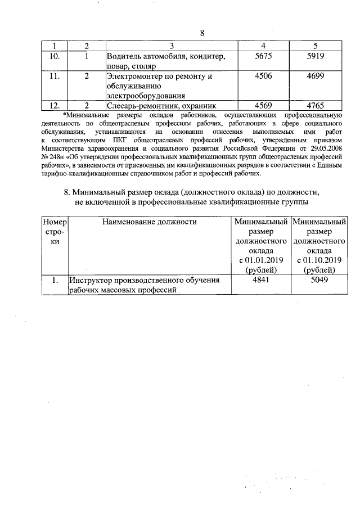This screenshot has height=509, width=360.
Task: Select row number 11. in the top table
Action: pyautogui.click(x=55, y=76)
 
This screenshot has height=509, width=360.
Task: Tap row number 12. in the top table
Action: pyautogui.click(x=55, y=105)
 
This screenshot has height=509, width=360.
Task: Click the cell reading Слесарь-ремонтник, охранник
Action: pyautogui.click(x=161, y=105)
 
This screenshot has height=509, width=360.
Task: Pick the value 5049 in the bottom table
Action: pyautogui.click(x=318, y=280)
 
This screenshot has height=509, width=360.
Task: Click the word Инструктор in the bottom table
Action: pyautogui.click(x=91, y=280)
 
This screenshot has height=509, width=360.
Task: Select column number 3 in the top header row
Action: pyautogui.click(x=172, y=46)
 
